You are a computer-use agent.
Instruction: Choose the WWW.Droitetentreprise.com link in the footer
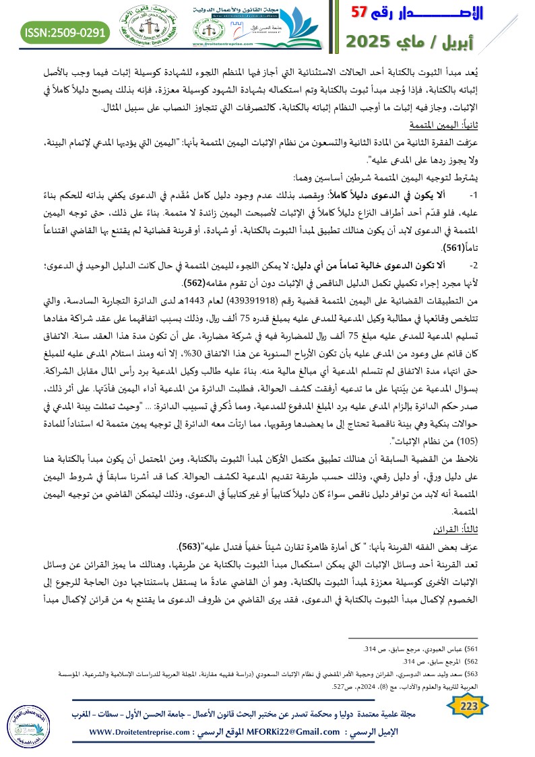(146, 732)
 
